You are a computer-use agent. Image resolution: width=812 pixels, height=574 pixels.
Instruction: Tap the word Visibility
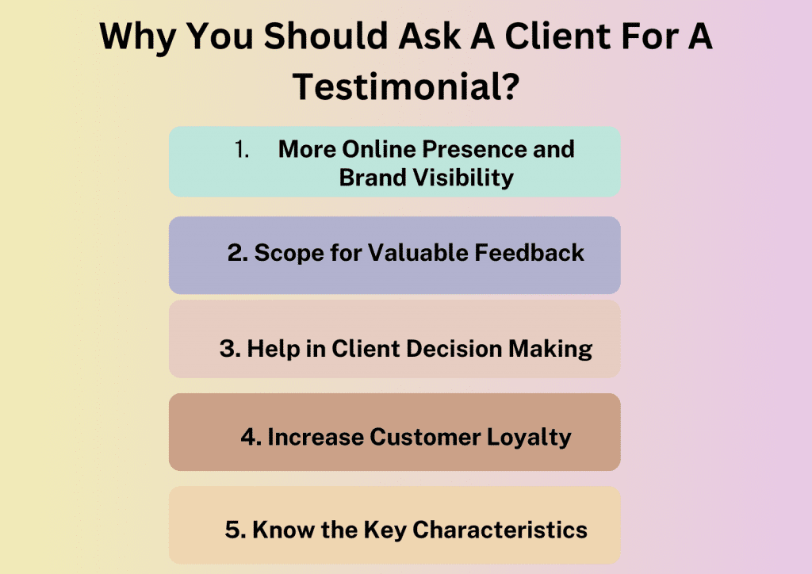pyautogui.click(x=468, y=177)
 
